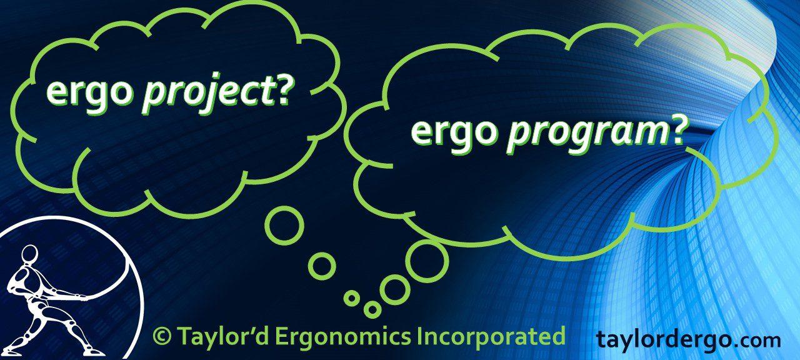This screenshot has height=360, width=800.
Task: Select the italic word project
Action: [207, 94]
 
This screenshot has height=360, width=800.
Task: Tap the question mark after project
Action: [284, 91]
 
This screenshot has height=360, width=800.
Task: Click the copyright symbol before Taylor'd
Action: [162, 336]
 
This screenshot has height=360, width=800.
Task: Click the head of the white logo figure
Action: [29, 254]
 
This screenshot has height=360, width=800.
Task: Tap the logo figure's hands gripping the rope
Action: [76, 296]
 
